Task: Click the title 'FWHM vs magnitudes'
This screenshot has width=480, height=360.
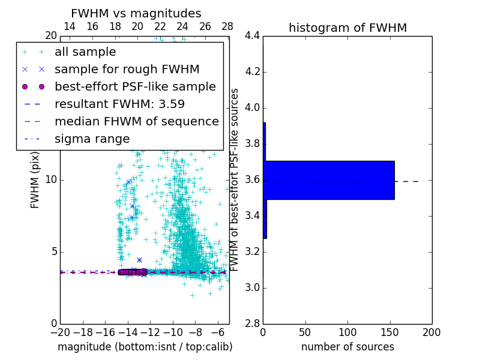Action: click(136, 13)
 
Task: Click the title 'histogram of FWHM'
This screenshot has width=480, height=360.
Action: click(347, 28)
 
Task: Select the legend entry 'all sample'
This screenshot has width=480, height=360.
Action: click(85, 52)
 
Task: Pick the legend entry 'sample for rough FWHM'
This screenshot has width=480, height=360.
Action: click(127, 69)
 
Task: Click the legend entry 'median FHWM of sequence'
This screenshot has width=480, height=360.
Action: click(136, 121)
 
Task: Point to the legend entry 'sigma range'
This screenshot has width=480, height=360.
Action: click(92, 139)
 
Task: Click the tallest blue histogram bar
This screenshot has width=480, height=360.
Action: click(329, 180)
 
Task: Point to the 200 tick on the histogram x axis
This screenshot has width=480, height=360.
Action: click(431, 332)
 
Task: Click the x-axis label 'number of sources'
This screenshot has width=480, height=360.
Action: click(347, 347)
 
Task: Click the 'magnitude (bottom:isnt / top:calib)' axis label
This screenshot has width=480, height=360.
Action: click(145, 347)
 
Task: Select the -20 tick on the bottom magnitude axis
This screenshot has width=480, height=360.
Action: click(60, 332)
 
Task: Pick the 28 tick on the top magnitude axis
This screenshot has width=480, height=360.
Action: click(227, 26)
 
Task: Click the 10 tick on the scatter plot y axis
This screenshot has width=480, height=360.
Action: click(51, 180)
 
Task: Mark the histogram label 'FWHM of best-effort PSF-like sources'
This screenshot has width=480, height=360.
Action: click(235, 180)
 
